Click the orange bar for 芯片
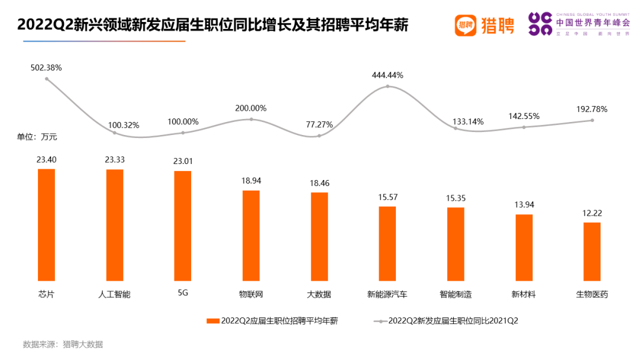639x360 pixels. (x=46, y=224)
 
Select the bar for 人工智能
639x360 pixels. (x=115, y=224)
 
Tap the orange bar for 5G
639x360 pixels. (x=183, y=226)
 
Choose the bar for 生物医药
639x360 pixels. (x=592, y=251)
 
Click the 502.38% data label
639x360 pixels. (x=46, y=67)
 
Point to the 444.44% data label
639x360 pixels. (x=388, y=75)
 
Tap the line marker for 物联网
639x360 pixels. (x=251, y=119)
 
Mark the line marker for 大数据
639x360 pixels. (x=319, y=136)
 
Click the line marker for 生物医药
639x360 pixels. (x=592, y=120)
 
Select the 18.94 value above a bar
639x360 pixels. (x=251, y=181)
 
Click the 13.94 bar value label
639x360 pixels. (x=524, y=204)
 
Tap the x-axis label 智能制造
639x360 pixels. (x=456, y=294)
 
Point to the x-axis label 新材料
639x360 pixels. (x=524, y=294)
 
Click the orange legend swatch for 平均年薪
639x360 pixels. (x=213, y=321)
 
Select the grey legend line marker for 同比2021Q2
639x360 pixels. (x=380, y=321)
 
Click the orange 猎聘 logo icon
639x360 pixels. (x=466, y=25)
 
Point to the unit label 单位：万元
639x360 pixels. (x=37, y=137)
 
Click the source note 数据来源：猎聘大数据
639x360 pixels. (x=63, y=344)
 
